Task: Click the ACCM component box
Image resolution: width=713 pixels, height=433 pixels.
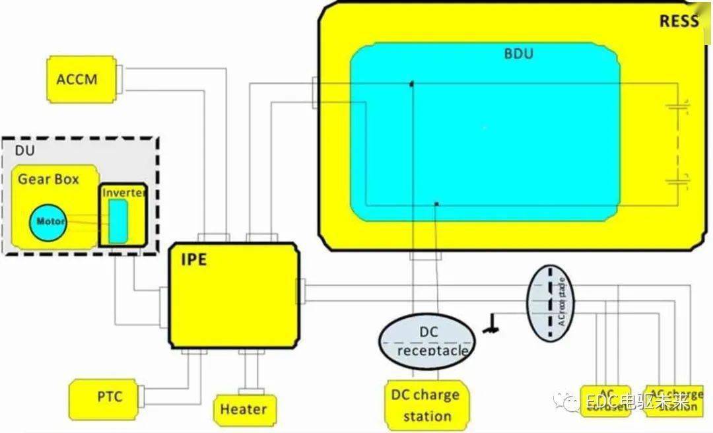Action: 77,79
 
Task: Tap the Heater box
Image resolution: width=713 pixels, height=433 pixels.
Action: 244,409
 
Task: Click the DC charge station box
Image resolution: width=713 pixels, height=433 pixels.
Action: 426,405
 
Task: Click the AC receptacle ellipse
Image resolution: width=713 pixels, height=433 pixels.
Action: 550,303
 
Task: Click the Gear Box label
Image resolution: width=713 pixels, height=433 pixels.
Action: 48,179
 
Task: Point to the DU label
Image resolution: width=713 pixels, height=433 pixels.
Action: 24,151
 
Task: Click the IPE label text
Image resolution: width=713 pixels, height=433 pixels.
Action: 193,259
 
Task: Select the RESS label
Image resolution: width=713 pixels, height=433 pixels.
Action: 679,21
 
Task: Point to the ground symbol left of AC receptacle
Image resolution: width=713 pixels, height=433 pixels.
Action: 490,324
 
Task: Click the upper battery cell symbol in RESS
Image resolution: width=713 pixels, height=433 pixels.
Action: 677,105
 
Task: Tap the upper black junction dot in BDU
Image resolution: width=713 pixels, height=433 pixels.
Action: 411,84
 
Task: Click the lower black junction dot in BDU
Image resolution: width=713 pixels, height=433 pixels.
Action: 436,203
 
